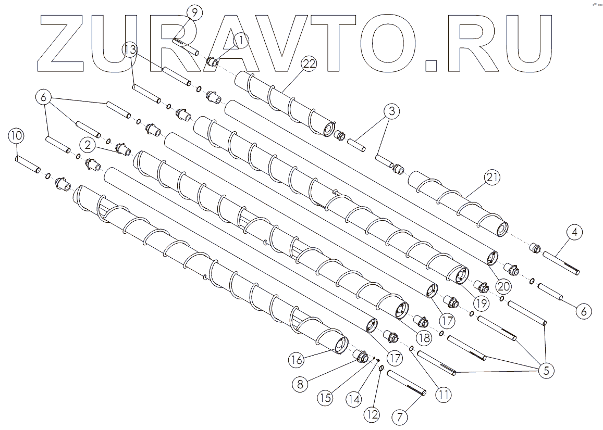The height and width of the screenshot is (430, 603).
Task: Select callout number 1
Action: (x=241, y=39)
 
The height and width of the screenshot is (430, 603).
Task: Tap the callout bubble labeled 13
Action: (x=131, y=50)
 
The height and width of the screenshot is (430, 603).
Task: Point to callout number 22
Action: (x=309, y=64)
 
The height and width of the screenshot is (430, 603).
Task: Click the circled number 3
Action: (x=392, y=111)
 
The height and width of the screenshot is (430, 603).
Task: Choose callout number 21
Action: (x=493, y=178)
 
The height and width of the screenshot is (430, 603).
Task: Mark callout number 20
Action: (x=503, y=286)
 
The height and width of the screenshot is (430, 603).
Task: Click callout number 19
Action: (x=481, y=302)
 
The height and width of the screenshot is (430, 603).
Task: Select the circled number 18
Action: (x=424, y=337)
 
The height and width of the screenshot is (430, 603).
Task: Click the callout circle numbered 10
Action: (x=16, y=136)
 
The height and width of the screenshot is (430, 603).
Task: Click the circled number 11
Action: (x=444, y=394)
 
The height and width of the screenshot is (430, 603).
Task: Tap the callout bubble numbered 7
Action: (x=400, y=417)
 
